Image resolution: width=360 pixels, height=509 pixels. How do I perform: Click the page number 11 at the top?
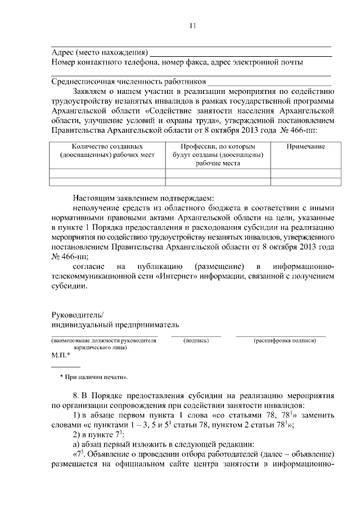[192, 25]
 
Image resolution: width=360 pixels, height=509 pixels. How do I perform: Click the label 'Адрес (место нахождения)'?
[100, 52]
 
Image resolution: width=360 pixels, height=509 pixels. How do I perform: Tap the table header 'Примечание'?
[306, 146]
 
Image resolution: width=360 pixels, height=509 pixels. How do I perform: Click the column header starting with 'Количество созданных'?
[107, 150]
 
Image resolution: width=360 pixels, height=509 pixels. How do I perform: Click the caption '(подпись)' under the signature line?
[196, 341]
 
